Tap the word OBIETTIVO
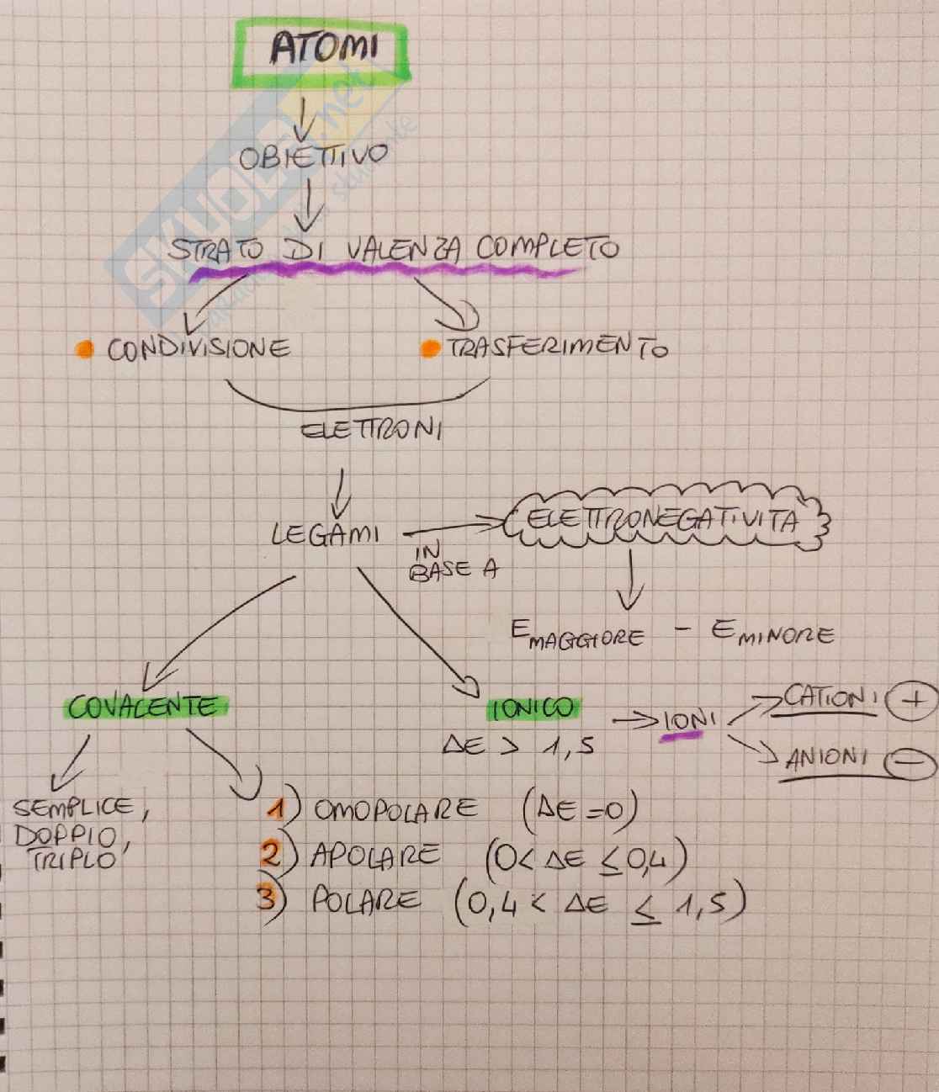point(315,157)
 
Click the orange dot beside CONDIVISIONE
point(83,349)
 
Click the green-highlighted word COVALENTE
point(142,707)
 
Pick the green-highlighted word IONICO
point(533,709)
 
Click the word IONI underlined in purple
point(689,722)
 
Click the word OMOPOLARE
point(395,810)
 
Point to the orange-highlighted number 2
point(271,855)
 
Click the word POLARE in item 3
point(366,901)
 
